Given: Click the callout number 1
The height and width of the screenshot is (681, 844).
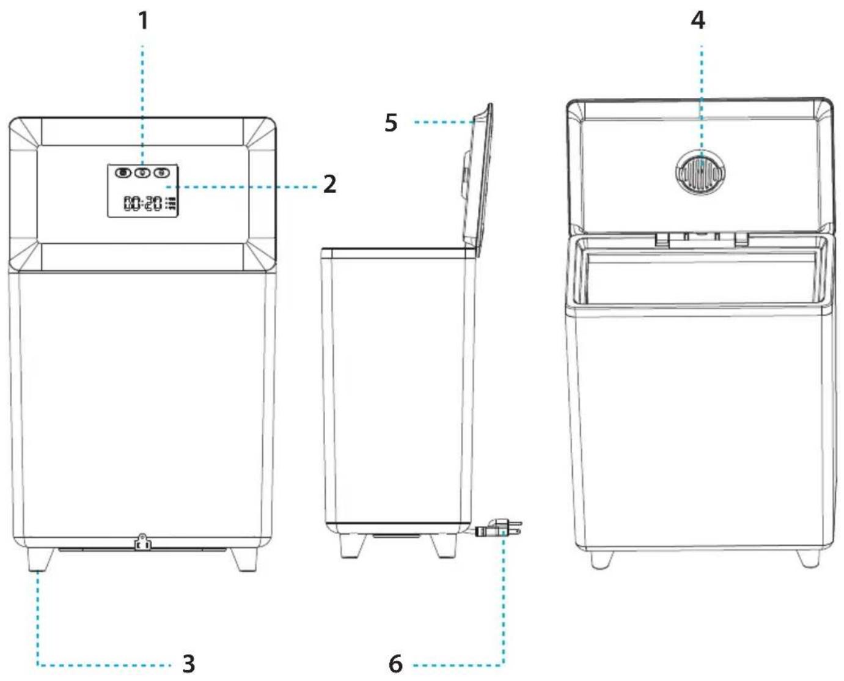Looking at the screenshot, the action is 144,21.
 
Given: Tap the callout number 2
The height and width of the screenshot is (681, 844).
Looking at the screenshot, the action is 329,184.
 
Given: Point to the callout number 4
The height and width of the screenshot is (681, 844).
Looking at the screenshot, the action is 698,20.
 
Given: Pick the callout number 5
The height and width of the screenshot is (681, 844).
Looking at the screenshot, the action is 391,123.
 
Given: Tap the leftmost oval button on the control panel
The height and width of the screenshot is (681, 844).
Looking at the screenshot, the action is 123,172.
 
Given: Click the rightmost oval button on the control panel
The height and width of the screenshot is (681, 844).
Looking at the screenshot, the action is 161,172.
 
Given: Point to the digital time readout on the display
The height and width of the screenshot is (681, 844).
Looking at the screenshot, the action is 143,203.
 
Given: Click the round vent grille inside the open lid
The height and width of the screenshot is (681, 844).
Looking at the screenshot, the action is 700,172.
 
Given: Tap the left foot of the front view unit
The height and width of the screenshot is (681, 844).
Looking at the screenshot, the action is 40,559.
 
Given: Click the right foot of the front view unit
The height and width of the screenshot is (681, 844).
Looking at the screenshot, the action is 244,559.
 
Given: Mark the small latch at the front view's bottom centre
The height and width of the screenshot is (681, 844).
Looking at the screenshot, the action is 142,542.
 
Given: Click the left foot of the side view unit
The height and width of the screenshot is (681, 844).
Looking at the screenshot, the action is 352,546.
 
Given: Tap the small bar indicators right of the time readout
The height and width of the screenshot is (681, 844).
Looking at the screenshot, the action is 171,203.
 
